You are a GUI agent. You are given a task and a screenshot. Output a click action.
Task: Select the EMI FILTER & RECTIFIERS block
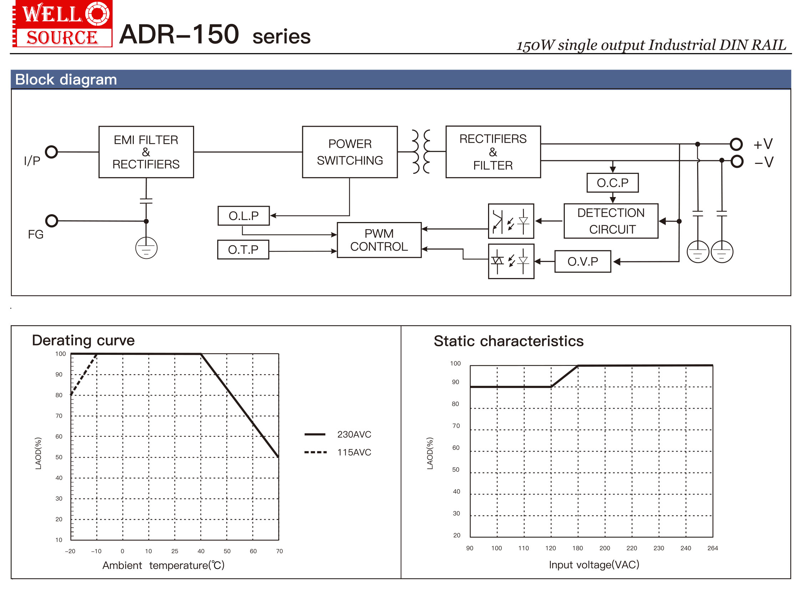click(146, 152)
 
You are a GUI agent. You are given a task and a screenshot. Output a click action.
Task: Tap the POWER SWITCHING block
click(350, 152)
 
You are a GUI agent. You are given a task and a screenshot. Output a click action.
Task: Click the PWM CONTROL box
click(379, 240)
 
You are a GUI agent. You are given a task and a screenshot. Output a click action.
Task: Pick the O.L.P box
click(243, 216)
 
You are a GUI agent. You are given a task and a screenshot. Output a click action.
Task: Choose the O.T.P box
click(243, 250)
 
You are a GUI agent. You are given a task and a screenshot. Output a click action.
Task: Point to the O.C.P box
click(612, 183)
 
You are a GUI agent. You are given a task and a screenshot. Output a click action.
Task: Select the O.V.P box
click(583, 261)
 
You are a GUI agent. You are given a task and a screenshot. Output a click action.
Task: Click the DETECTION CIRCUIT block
click(611, 221)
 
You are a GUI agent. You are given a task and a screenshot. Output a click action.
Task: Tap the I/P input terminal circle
click(51, 152)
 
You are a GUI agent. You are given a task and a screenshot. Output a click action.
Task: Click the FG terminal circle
click(52, 220)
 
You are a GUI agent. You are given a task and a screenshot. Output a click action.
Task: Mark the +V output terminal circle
click(736, 144)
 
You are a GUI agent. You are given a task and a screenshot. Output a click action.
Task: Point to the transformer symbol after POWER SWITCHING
click(421, 152)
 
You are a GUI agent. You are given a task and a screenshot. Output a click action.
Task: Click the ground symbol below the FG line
click(146, 248)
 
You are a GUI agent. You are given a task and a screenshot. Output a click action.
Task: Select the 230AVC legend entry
click(338, 434)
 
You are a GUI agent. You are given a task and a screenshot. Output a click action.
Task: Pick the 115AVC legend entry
click(338, 452)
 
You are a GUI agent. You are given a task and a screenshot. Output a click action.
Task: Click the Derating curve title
click(83, 340)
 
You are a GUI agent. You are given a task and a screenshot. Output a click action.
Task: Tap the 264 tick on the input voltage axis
click(712, 548)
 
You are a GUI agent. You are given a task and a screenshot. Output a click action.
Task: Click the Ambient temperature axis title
click(163, 565)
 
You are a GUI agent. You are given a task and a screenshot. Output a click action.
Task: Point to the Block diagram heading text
click(66, 80)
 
